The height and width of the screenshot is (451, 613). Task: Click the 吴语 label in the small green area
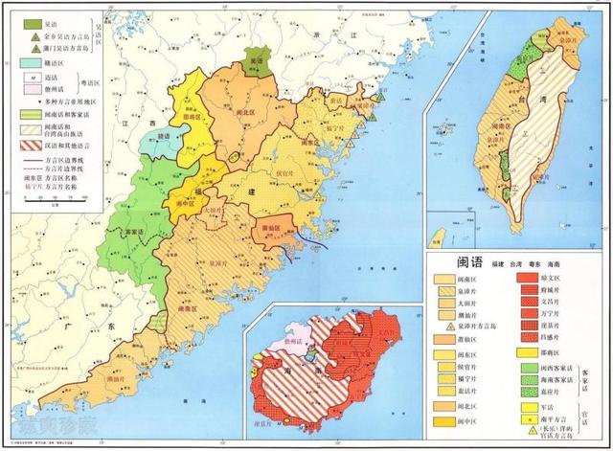[255, 60]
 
